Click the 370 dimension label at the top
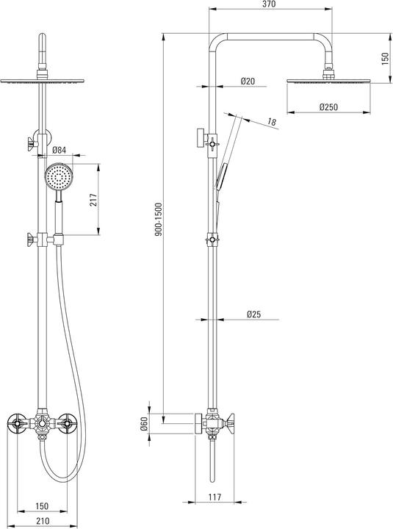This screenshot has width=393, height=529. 269,4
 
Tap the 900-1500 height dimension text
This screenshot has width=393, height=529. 159,219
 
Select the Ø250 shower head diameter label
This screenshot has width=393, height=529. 328,107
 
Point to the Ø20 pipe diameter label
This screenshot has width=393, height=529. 248,81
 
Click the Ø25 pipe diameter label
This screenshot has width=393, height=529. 253,314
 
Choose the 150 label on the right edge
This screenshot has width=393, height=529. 385,58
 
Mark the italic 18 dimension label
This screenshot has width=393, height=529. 272,121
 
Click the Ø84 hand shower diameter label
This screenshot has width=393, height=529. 60,150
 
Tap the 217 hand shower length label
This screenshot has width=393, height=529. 93,200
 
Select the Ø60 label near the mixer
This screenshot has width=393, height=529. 145,424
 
